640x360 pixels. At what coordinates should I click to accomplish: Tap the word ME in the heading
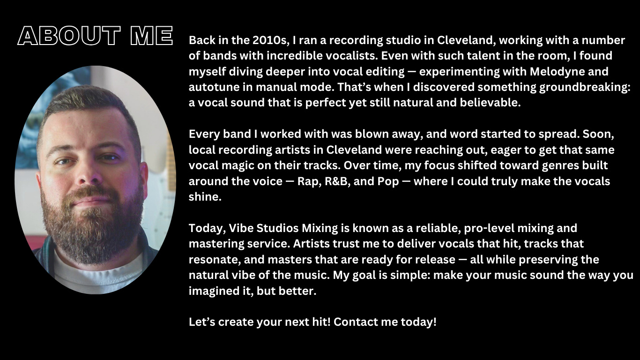tap(151, 36)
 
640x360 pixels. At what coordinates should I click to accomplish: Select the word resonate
tap(211, 260)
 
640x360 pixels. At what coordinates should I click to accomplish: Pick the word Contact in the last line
tap(353, 322)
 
